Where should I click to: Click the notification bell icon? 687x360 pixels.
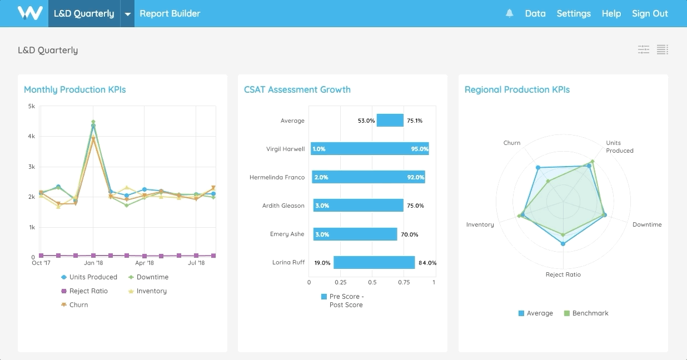point(509,13)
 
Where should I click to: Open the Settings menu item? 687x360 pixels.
point(573,13)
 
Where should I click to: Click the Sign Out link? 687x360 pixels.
point(650,13)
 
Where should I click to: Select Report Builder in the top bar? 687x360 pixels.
point(170,13)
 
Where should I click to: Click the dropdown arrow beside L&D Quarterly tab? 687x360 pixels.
point(127,14)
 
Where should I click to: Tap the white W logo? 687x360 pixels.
point(30,13)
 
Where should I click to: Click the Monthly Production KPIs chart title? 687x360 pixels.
point(74,89)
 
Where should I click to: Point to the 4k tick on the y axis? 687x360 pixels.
point(31,136)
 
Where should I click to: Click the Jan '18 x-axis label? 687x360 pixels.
point(93,263)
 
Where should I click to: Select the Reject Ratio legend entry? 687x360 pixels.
point(88,291)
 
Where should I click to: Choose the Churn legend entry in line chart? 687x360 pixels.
point(78,305)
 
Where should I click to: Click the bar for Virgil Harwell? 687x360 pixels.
point(370,149)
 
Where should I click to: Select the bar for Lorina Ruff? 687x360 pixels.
point(374,262)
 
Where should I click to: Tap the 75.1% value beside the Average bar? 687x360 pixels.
point(414,121)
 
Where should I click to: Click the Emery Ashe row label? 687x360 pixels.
point(287,234)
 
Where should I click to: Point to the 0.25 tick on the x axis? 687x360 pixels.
point(340,282)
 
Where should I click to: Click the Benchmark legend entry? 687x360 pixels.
point(590,313)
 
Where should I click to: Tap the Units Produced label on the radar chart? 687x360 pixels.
point(619,147)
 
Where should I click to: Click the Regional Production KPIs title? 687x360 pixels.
point(517,89)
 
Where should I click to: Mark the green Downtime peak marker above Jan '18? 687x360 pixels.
point(93,122)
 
